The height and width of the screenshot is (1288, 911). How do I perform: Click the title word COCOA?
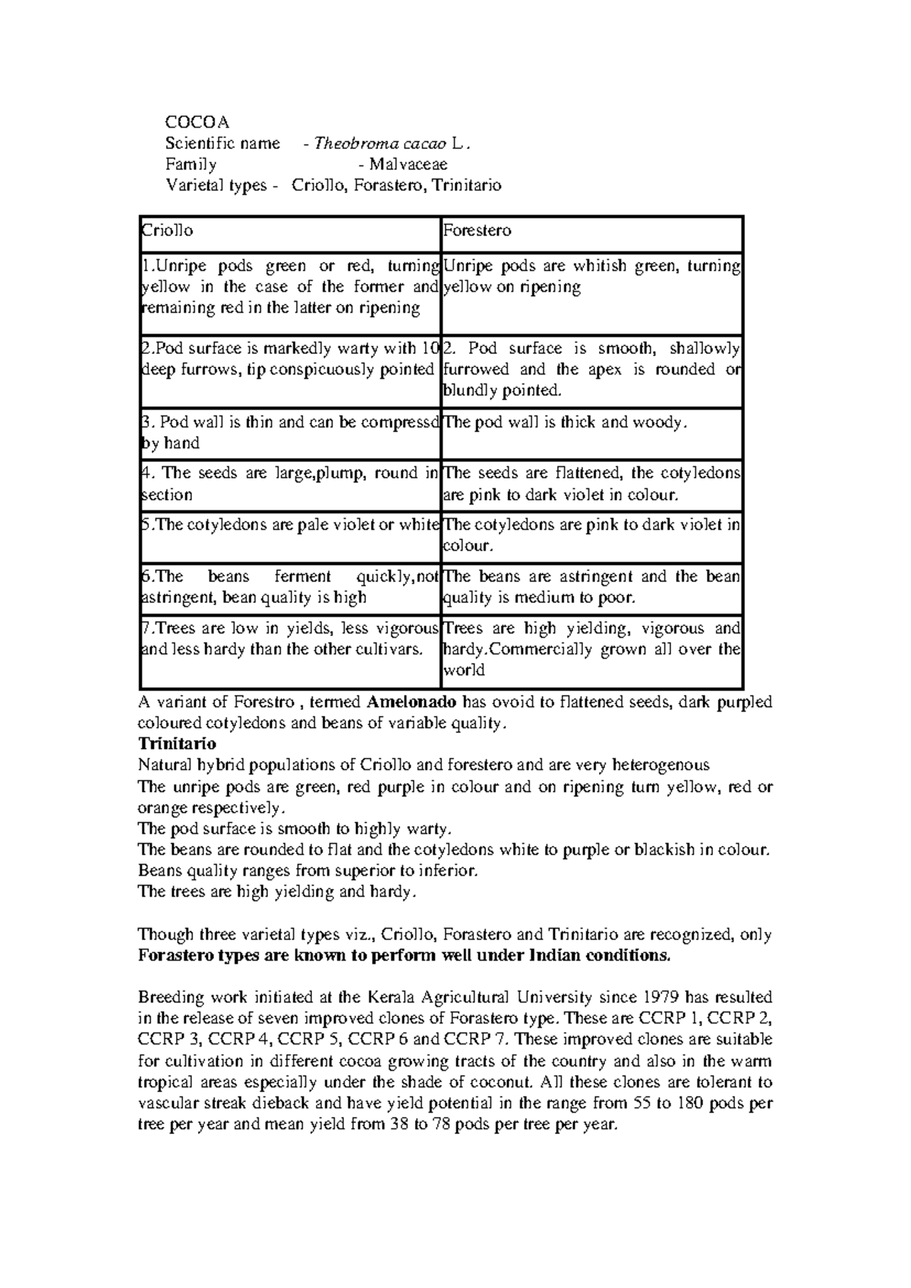click(x=197, y=122)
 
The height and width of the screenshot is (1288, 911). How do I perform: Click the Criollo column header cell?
click(x=291, y=231)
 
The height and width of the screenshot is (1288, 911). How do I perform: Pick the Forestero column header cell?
click(x=591, y=231)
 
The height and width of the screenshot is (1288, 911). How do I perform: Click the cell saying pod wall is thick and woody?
click(x=591, y=432)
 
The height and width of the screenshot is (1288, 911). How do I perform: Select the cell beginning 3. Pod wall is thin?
click(x=291, y=432)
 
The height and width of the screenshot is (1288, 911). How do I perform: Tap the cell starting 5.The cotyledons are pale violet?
click(x=291, y=535)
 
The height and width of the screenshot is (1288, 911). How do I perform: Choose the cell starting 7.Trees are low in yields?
click(x=291, y=649)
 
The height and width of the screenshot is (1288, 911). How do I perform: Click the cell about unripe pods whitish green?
click(x=591, y=292)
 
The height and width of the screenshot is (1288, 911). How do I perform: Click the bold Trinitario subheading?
click(x=177, y=743)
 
